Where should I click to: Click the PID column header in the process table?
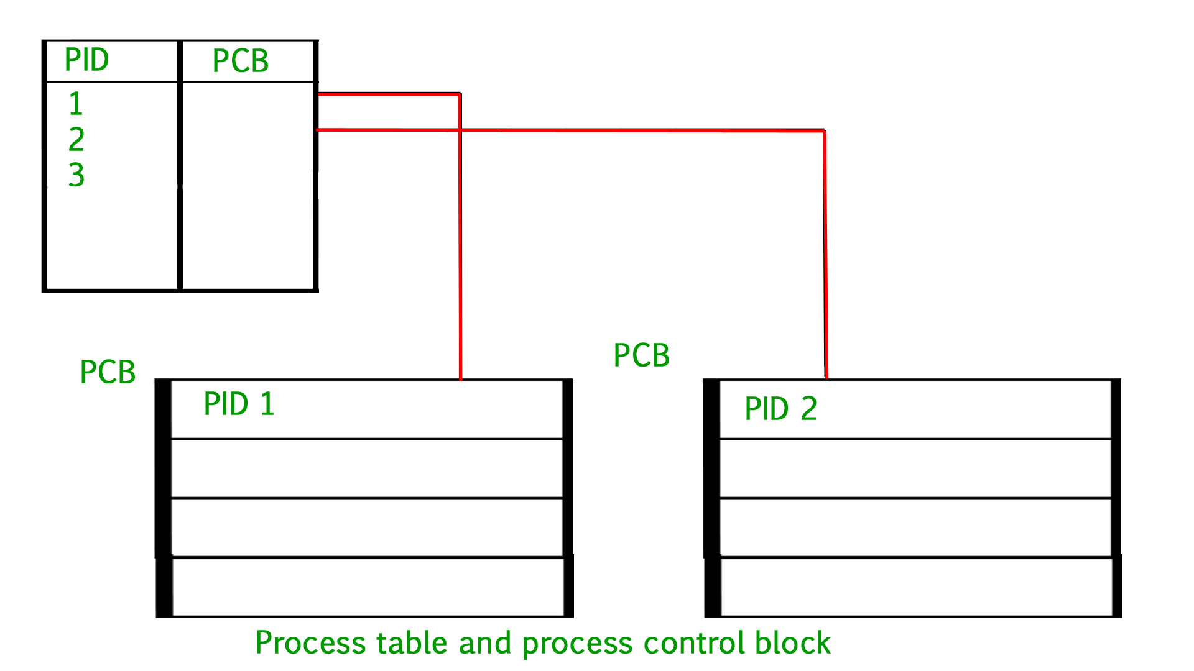click(86, 60)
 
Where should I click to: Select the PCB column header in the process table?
click(240, 61)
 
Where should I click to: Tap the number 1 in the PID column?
click(76, 104)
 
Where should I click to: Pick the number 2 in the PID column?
click(76, 139)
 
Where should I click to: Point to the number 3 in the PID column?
click(76, 175)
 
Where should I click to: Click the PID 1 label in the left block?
click(239, 404)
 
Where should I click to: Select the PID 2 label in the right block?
click(780, 409)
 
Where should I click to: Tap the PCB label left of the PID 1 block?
click(108, 372)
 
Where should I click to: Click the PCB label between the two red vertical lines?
click(641, 355)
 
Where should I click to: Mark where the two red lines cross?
click(460, 130)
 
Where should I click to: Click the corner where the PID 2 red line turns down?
click(824, 131)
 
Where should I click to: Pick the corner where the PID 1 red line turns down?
click(460, 94)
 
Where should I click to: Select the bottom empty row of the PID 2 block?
click(915, 587)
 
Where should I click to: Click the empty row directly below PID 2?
click(915, 468)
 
